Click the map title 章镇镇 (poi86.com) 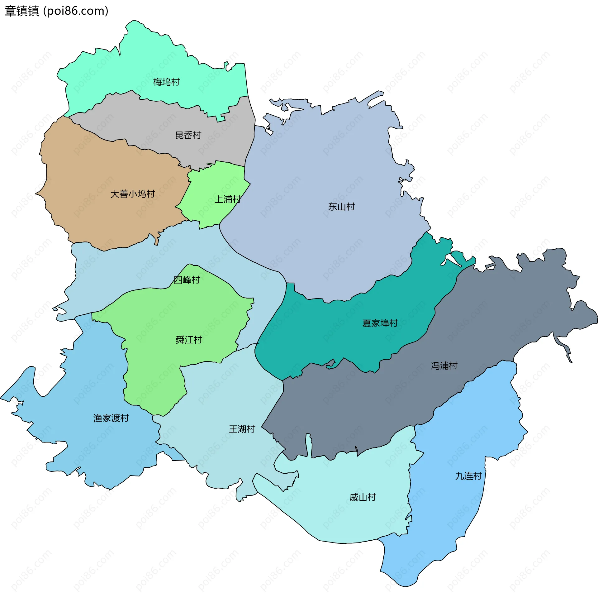[x=57, y=11]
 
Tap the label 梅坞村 [x=166, y=82]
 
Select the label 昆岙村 [x=188, y=136]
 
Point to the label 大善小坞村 [x=133, y=194]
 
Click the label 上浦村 [x=228, y=199]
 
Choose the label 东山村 [x=341, y=207]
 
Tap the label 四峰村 [x=187, y=280]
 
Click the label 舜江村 [x=189, y=340]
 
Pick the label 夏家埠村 [x=380, y=323]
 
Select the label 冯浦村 [x=444, y=366]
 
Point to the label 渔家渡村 [x=111, y=418]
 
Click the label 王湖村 [x=242, y=429]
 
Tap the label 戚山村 [x=363, y=497]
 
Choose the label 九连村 [x=468, y=476]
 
